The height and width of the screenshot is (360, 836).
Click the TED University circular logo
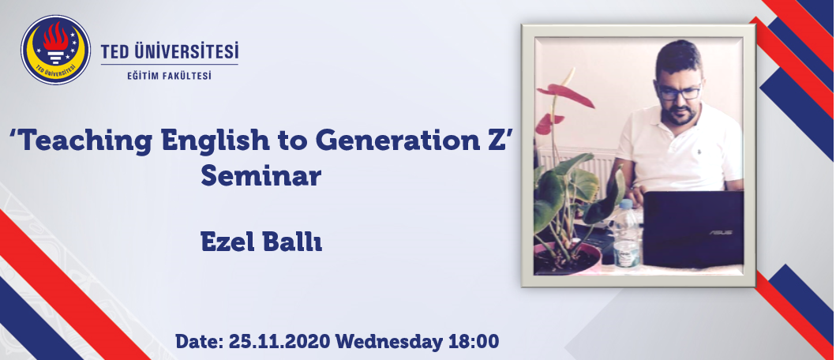coord(55,50)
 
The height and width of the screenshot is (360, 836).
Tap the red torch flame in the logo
coord(55,37)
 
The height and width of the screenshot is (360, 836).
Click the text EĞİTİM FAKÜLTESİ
coord(169,76)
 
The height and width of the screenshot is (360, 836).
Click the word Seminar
coord(261,176)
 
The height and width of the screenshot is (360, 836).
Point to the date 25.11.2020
coord(280,341)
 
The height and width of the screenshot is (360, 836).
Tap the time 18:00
coord(473,341)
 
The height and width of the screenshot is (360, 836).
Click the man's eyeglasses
coord(679,92)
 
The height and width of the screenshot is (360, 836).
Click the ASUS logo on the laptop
coord(720,233)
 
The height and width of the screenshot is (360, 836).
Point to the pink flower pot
coord(568,259)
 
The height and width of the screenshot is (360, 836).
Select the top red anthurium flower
coord(566,95)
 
